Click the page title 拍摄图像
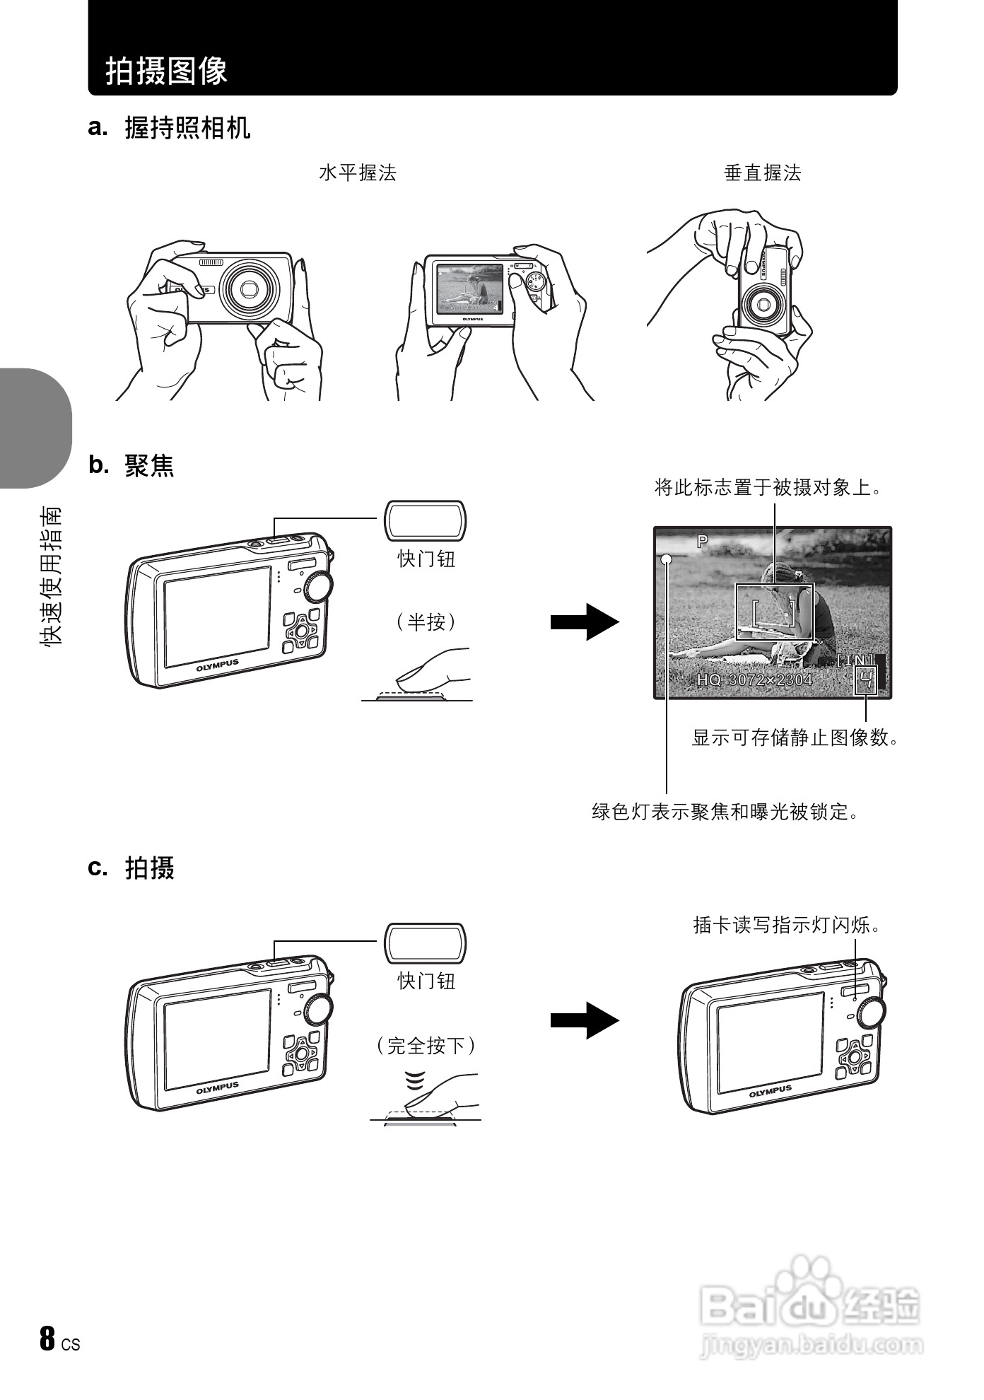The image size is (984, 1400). coord(167,71)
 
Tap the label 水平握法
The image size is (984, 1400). coord(357,173)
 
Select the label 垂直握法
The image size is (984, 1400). coord(762,173)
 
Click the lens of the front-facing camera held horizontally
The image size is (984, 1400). coord(249,289)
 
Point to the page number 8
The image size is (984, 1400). coord(47,1338)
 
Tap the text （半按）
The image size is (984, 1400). coord(426,622)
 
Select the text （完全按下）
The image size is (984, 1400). coord(426,1045)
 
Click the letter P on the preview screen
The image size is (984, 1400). coord(702,542)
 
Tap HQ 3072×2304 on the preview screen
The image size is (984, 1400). coord(754,680)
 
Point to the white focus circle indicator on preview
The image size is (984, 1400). coord(667,560)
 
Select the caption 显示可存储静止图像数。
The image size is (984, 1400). coord(795,738)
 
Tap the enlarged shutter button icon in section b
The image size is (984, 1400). coord(425,520)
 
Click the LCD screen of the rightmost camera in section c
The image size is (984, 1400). coord(771,1042)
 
